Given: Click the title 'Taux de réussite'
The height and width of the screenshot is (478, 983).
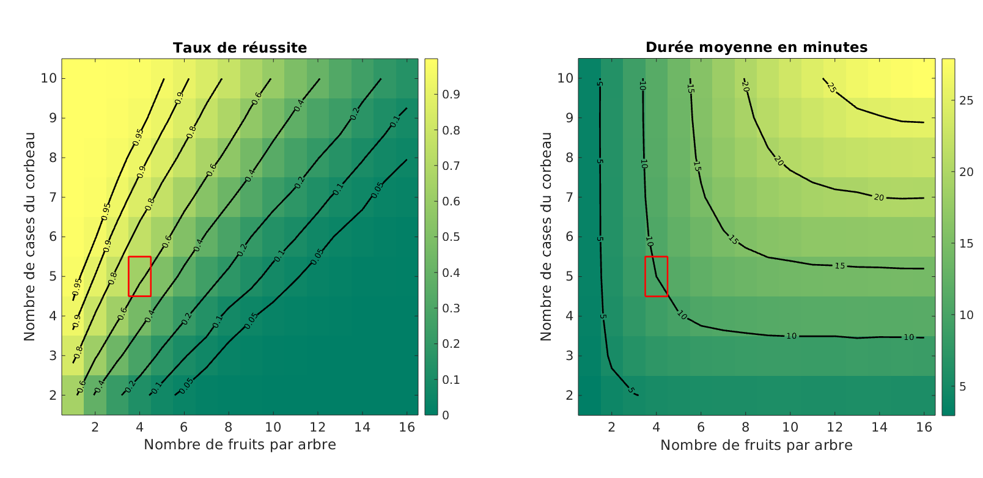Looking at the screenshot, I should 240,48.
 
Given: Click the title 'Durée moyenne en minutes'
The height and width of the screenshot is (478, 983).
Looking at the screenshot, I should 756,47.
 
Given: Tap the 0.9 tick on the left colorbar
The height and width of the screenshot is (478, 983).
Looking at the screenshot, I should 451,95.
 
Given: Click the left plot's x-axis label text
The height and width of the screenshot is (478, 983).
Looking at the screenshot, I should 240,445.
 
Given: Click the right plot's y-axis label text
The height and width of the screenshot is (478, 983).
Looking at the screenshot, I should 546,237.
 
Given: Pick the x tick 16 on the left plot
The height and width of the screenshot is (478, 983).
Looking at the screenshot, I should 407,427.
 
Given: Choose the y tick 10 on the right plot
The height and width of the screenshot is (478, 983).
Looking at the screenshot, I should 565,78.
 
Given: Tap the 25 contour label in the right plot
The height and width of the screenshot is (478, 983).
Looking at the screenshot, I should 831,87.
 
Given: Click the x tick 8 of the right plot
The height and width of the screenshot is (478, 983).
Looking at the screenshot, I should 745,427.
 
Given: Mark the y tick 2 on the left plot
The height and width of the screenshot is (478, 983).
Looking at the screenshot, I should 53,395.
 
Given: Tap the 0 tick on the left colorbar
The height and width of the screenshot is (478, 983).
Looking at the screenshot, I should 446,416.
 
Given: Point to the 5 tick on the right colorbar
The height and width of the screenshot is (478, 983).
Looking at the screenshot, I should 963,386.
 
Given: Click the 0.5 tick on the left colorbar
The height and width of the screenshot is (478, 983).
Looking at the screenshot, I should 451,237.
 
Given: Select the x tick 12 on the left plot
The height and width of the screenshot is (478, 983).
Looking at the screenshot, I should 318,427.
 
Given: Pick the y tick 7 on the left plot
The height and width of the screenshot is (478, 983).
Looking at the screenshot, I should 53,197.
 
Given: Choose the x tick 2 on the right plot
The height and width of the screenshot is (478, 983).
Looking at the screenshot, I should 611,427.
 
